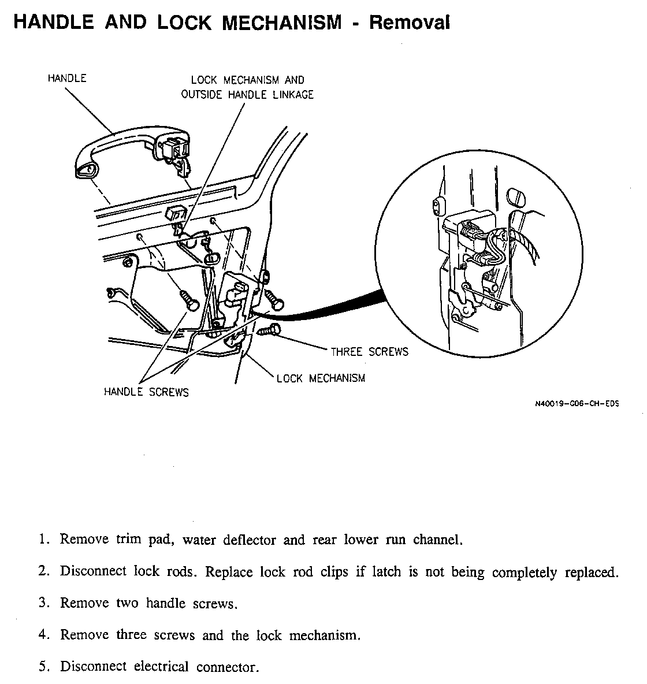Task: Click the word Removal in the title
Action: pos(409,23)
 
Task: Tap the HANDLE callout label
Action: pos(67,78)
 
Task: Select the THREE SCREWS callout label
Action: pos(369,351)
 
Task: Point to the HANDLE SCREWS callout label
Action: pos(146,392)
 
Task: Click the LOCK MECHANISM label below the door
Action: pos(321,378)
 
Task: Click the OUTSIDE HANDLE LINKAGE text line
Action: pos(247,95)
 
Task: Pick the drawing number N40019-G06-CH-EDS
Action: pos(577,404)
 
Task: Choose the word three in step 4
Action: pos(132,635)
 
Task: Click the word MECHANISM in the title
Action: pos(282,23)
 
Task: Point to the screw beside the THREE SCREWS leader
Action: pos(270,331)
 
